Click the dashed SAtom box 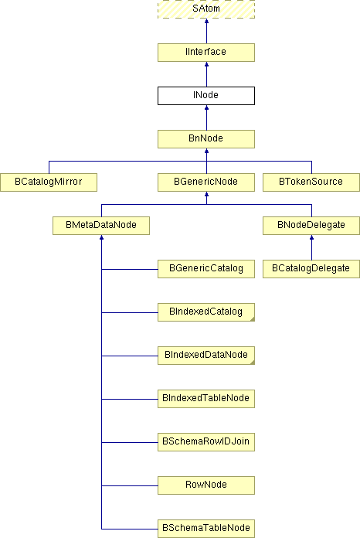coord(206,9)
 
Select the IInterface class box coord(206,53)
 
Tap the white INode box coord(206,96)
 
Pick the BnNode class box coord(206,139)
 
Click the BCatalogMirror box coord(49,182)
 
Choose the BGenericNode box coord(206,182)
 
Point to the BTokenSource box coord(311,182)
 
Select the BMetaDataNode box coord(101,226)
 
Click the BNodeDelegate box coord(311,226)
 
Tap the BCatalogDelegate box coord(311,269)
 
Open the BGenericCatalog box coord(206,269)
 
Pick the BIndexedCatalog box coord(206,312)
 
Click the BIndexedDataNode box coord(206,355)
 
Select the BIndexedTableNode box coord(206,398)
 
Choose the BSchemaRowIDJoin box coord(206,441)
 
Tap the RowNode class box coord(206,485)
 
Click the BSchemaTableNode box coord(206,529)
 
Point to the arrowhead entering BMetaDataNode coord(101,237)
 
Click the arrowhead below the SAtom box coord(206,22)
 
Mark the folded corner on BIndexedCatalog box coord(253,319)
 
